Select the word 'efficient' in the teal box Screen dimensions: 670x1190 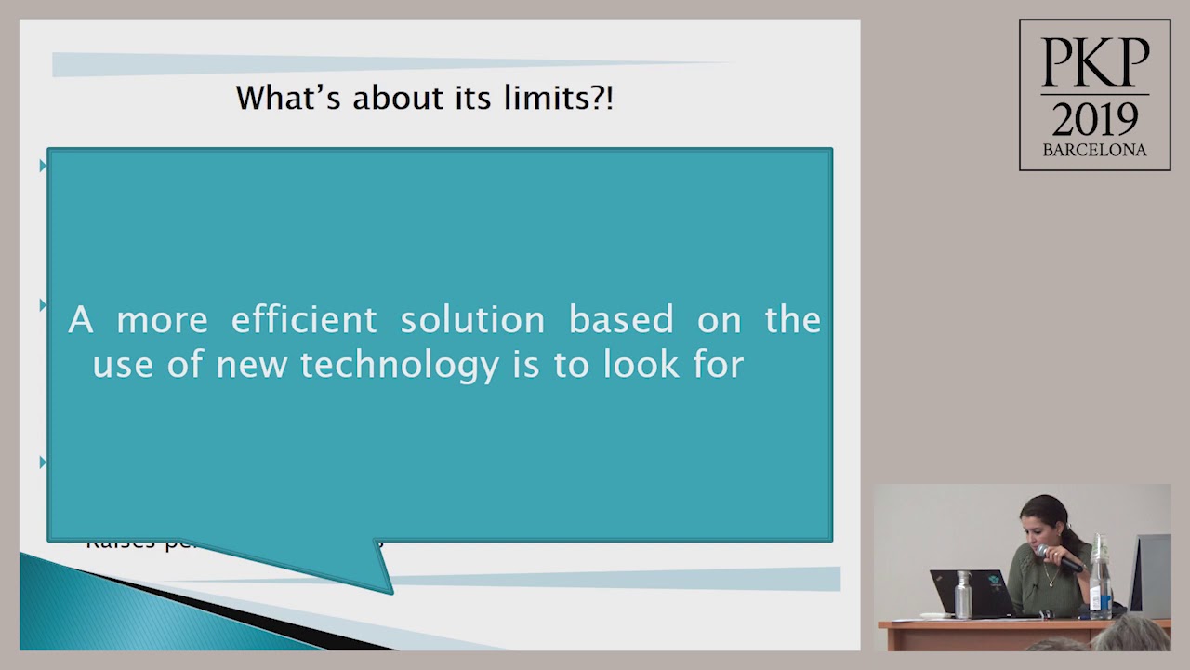[x=304, y=320]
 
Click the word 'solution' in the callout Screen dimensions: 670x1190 [x=472, y=320]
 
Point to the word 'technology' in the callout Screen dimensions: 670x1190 [x=400, y=365]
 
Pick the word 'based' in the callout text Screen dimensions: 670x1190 [x=621, y=320]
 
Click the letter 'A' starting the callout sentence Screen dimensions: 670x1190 [x=81, y=320]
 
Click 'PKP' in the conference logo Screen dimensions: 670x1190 [x=1094, y=63]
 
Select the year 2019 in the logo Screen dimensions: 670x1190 [x=1094, y=118]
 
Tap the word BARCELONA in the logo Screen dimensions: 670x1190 [x=1094, y=150]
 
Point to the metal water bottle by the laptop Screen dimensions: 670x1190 [x=963, y=596]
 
